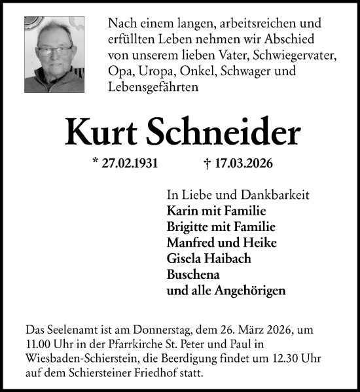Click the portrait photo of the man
[56, 49]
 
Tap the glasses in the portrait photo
[55, 50]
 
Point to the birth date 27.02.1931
[130, 164]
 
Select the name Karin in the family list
[183, 211]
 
